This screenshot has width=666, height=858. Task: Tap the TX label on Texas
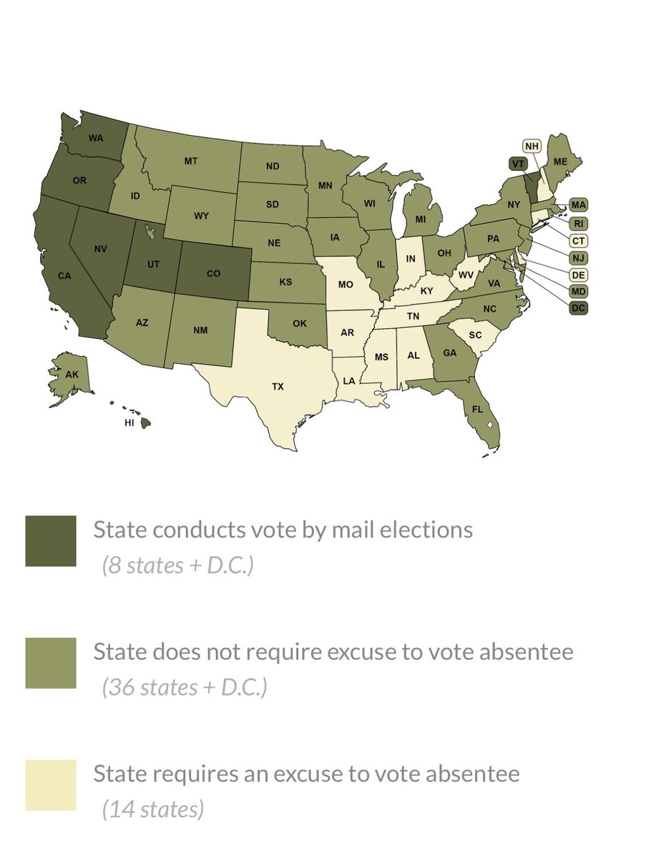click(x=278, y=386)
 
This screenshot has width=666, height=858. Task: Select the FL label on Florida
click(x=476, y=409)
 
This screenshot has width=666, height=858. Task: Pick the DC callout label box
click(x=578, y=308)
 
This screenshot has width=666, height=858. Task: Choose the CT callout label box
click(x=578, y=240)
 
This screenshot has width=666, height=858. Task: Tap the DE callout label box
click(x=578, y=275)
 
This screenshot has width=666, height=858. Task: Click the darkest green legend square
click(x=50, y=541)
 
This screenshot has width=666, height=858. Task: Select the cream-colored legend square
click(x=50, y=785)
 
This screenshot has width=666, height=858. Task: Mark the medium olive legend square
click(x=50, y=663)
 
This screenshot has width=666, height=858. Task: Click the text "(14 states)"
click(x=153, y=809)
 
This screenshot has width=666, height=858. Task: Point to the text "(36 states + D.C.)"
click(x=185, y=687)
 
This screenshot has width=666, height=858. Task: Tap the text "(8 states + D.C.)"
click(x=178, y=566)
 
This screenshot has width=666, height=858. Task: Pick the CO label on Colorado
click(x=213, y=272)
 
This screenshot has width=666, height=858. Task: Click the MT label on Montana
click(x=190, y=161)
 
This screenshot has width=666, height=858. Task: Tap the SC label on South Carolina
click(x=475, y=335)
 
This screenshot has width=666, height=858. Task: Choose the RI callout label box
click(x=578, y=223)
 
